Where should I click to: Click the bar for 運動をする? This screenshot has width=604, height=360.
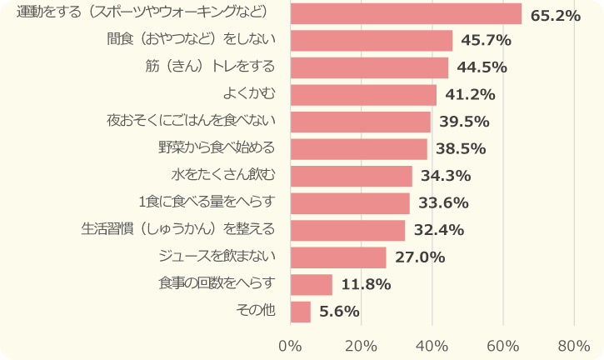click(406, 13)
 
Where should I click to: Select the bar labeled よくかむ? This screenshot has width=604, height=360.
click(363, 95)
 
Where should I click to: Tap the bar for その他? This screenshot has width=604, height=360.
click(301, 312)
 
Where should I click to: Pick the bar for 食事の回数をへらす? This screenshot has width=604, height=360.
click(312, 284)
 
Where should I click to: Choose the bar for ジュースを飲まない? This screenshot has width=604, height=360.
click(338, 257)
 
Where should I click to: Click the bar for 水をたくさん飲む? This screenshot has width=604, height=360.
click(351, 176)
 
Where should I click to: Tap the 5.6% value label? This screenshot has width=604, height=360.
click(339, 312)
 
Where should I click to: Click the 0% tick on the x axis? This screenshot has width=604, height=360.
click(290, 345)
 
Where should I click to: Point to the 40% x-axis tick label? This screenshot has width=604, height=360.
click(432, 345)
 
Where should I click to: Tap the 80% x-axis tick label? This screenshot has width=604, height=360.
click(573, 345)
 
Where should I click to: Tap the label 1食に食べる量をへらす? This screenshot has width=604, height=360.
click(207, 202)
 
